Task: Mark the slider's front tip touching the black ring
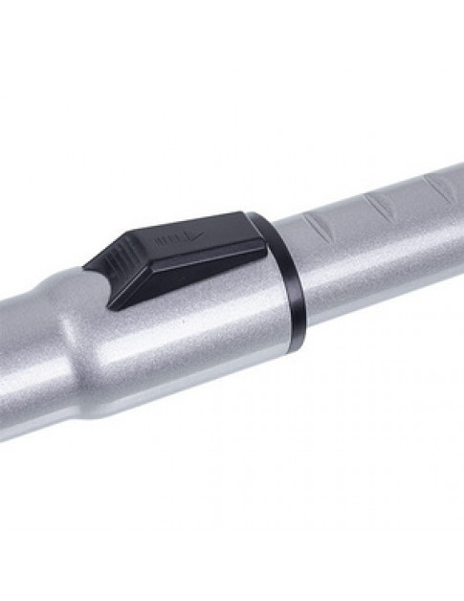click(x=256, y=230)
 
